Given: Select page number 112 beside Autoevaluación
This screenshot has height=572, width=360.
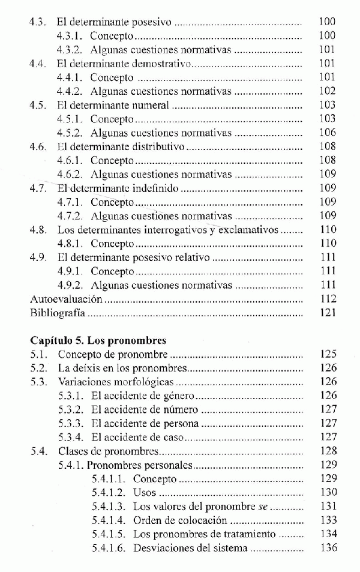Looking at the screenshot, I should tap(328, 299).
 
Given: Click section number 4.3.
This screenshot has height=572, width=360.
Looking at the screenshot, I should tap(38, 22).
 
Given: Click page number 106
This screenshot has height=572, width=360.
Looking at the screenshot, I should tap(328, 133).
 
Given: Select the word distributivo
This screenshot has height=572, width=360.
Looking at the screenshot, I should tap(158, 146).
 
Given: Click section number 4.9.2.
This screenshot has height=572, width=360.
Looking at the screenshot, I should tap(70, 285).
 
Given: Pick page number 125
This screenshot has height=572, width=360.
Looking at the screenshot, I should tap(328, 354).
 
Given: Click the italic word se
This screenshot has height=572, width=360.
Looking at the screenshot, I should tap(262, 506).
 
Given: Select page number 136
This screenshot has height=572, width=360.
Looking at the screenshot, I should tap(328, 547).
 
